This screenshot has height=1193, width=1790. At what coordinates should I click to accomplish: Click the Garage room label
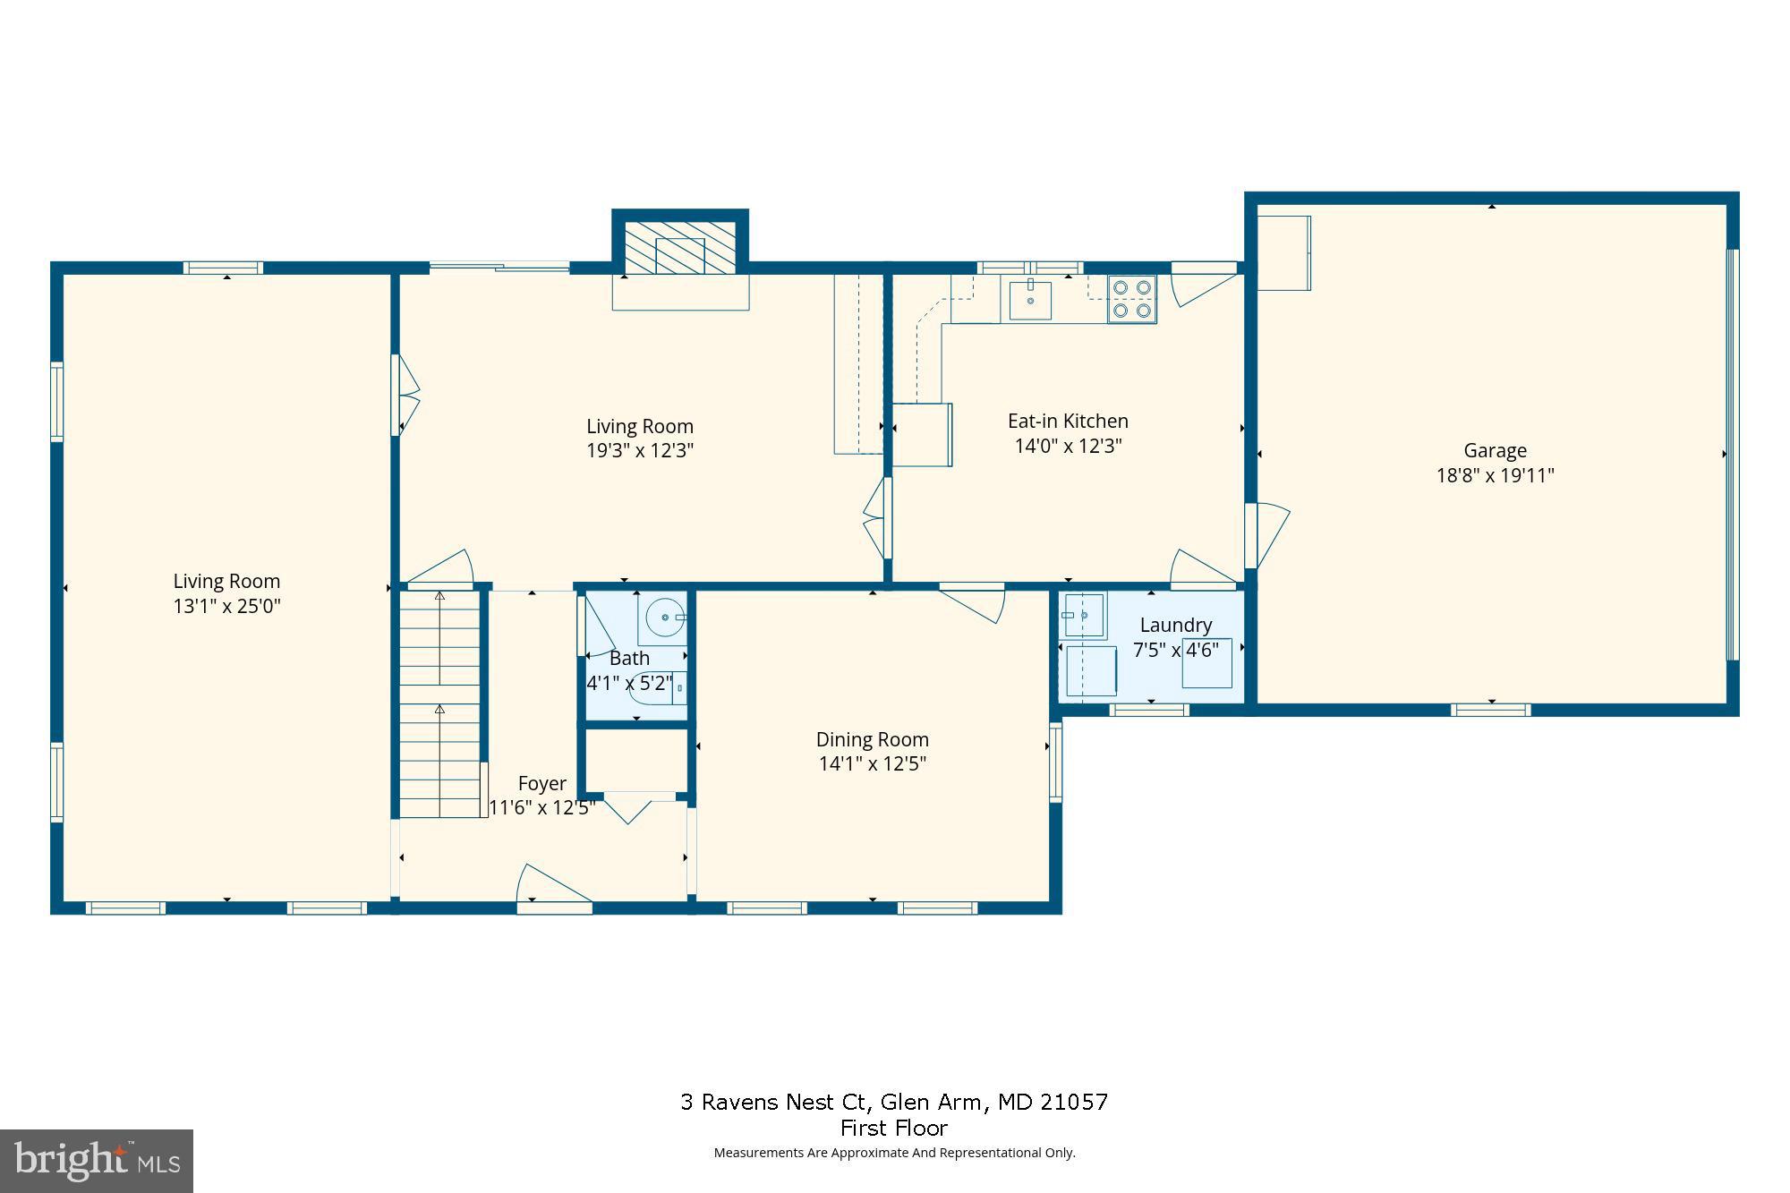[1495, 451]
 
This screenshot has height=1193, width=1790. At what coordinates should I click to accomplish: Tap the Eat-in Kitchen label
[1068, 421]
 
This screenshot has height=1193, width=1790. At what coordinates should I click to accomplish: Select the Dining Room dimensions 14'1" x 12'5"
[872, 763]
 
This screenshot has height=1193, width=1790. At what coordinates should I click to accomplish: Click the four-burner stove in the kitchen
[1131, 299]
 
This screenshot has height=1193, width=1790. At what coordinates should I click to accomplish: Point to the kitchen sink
[1030, 299]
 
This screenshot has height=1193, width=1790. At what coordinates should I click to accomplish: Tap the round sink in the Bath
[664, 618]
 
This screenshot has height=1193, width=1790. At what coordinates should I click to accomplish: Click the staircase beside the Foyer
[439, 703]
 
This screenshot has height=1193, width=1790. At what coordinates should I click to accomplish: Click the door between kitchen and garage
[1267, 533]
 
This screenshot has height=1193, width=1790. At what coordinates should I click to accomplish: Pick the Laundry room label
[1175, 625]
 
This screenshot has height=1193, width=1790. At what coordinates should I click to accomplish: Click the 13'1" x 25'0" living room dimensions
[226, 606]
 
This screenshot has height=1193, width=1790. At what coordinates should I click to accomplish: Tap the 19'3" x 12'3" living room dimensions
[640, 450]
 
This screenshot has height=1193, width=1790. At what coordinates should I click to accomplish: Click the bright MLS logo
[97, 1161]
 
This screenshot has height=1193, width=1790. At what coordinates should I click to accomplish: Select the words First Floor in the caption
[893, 1128]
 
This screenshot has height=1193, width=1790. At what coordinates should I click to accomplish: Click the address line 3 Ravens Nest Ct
[893, 1102]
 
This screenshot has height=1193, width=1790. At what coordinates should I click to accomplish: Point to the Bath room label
[629, 659]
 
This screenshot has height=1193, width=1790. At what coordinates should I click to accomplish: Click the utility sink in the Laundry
[1083, 615]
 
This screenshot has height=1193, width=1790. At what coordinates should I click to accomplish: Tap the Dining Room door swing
[976, 603]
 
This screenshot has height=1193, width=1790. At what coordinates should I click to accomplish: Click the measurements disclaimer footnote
[893, 1153]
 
